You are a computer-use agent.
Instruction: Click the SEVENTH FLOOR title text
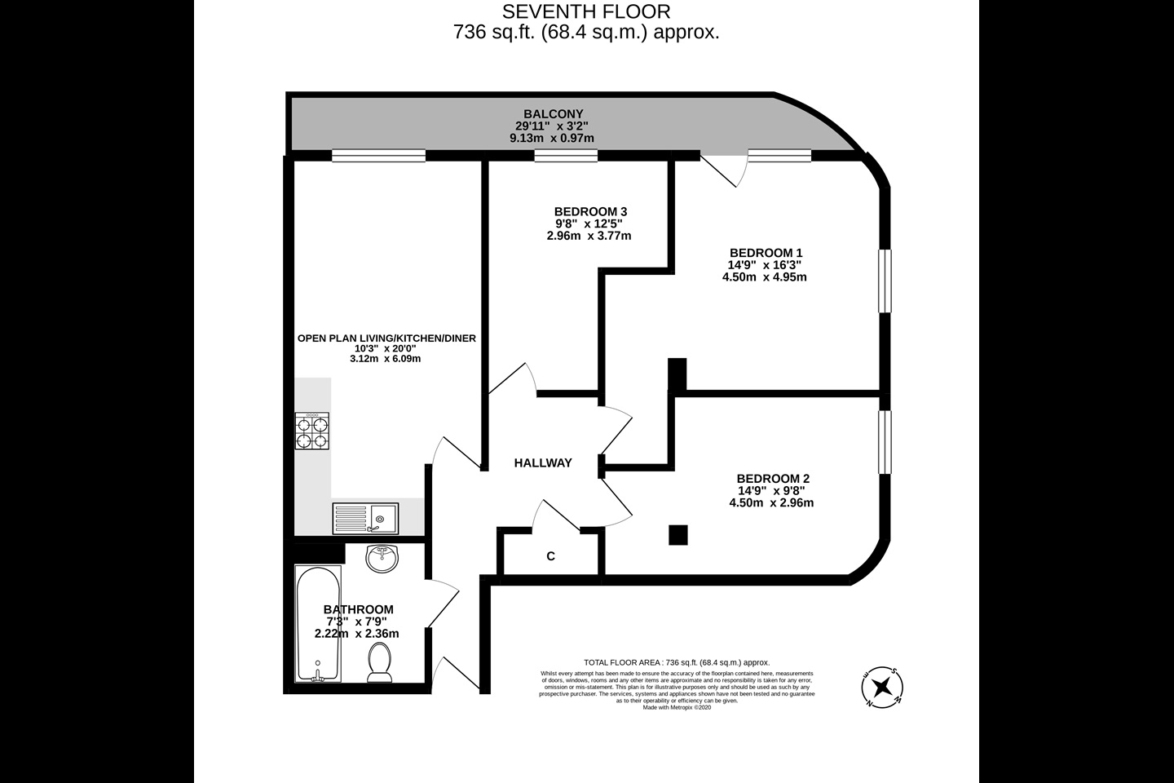586,11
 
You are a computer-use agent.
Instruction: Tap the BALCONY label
554,113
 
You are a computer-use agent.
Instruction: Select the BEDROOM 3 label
590,211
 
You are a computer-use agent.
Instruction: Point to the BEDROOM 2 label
772,478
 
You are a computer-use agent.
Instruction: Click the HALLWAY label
543,462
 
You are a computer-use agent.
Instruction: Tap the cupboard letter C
550,556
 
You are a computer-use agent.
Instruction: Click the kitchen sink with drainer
365,517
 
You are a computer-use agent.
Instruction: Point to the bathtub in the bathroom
318,625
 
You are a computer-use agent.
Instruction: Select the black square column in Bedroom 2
677,534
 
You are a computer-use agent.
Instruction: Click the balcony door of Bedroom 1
722,169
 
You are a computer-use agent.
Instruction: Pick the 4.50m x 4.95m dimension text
765,276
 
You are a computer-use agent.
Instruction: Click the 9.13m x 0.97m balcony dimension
552,138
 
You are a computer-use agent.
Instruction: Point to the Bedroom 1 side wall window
885,281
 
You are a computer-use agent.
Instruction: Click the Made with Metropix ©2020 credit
677,707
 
